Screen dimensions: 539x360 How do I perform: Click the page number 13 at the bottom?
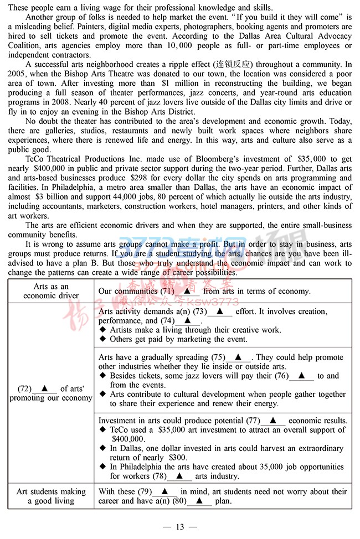tap(179, 527)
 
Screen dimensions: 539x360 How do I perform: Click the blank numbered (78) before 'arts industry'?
tap(179, 476)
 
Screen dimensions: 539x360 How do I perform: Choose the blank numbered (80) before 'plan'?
tap(199, 501)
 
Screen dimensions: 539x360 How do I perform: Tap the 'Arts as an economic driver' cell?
tap(51, 291)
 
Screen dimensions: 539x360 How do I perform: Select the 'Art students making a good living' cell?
tap(51, 496)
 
